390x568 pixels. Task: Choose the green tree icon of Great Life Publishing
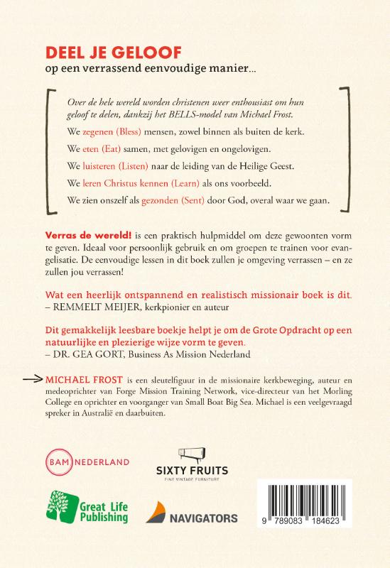pos(63,506)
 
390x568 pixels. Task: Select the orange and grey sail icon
pos(160,513)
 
